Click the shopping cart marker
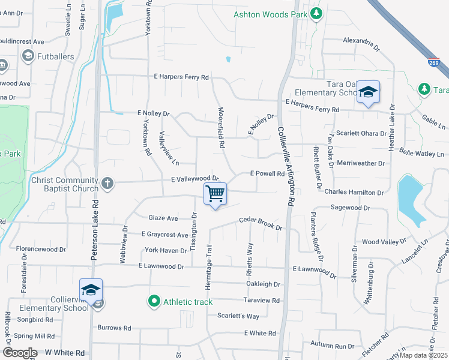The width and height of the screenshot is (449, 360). [215, 194]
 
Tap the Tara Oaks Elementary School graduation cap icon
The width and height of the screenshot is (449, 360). [369, 92]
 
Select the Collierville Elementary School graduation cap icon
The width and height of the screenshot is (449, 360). [91, 290]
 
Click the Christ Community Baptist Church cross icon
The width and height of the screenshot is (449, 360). [107, 183]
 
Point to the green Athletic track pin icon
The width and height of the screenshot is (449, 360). [154, 301]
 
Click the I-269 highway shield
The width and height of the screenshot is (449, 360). [433, 62]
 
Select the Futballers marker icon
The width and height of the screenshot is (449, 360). [27, 56]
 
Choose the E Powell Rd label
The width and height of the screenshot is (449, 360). [267, 173]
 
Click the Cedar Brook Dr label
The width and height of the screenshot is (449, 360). [261, 223]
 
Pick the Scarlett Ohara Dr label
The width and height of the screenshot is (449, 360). [361, 133]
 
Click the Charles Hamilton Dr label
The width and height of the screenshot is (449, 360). [354, 193]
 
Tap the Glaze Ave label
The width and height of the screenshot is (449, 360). [163, 218]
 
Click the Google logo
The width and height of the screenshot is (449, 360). [20, 353]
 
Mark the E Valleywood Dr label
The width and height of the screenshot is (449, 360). [194, 179]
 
